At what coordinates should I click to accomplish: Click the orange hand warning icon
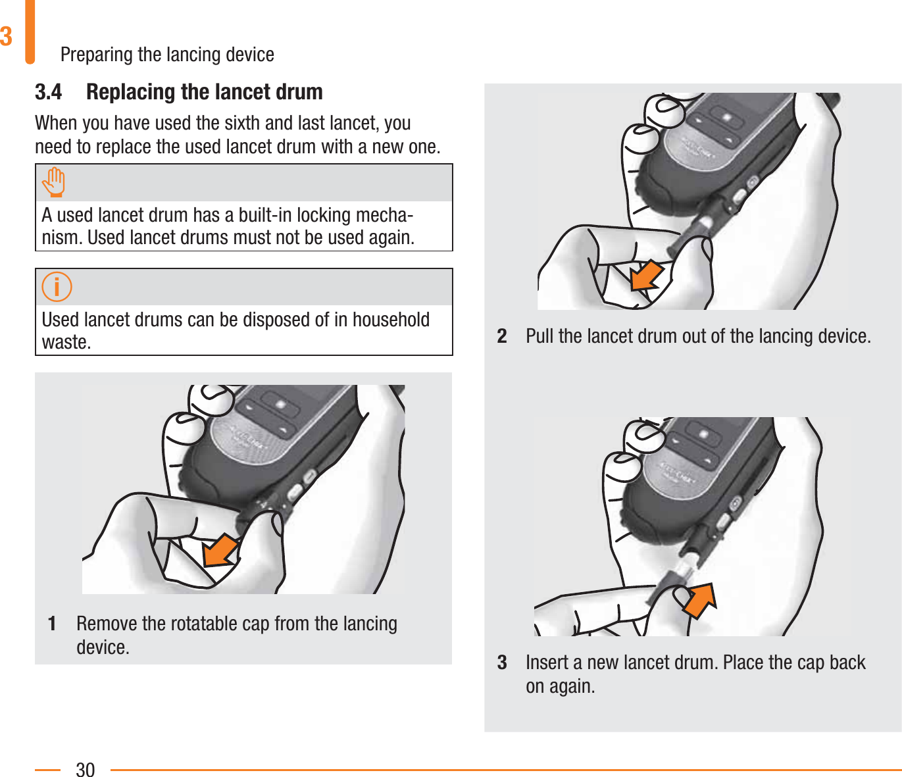(54, 182)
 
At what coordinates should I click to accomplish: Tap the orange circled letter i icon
(57, 287)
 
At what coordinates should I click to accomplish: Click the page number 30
(86, 769)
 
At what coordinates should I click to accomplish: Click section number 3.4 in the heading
(49, 92)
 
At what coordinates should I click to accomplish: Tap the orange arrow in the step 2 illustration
(647, 275)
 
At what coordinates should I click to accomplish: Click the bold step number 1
(52, 624)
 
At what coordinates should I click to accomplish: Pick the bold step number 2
(502, 336)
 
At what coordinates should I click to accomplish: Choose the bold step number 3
(502, 663)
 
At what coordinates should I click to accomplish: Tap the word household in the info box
(391, 319)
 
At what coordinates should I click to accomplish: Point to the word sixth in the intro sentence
(242, 123)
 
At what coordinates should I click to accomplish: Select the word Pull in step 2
(539, 336)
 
